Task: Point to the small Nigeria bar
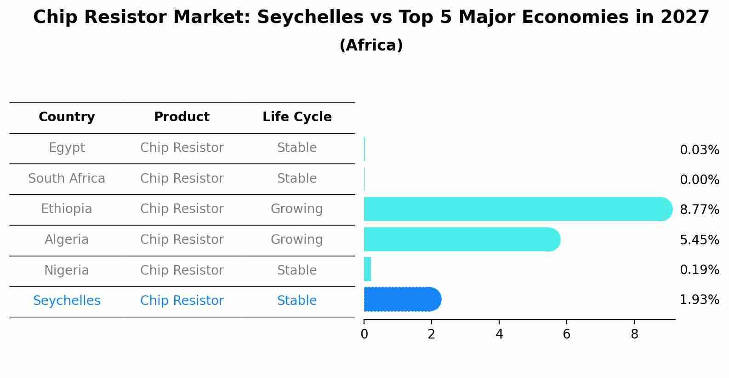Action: click(x=367, y=269)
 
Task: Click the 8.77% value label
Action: click(x=699, y=210)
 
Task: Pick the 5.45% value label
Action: click(x=699, y=240)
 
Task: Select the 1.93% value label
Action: click(x=699, y=300)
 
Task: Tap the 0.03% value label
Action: click(x=699, y=150)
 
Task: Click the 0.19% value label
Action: click(x=699, y=270)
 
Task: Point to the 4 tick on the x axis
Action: click(x=499, y=334)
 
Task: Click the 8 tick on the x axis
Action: click(x=634, y=334)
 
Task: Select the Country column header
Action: click(x=67, y=117)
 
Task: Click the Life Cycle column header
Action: click(x=297, y=117)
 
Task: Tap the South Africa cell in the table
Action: click(x=67, y=179)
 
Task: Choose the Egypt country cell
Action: click(x=67, y=148)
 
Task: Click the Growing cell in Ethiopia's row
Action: click(x=296, y=209)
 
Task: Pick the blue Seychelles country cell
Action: click(x=67, y=301)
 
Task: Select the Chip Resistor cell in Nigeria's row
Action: click(x=182, y=270)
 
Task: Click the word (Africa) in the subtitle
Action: click(x=371, y=45)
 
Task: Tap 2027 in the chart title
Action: click(x=685, y=17)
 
